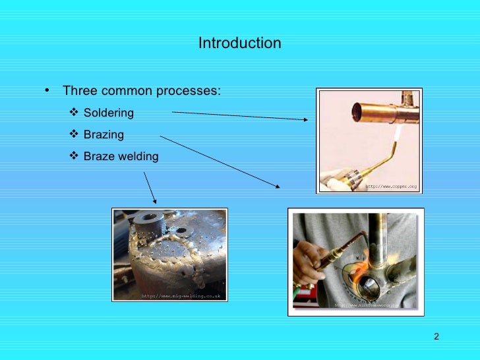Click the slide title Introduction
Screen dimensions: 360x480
pos(239,44)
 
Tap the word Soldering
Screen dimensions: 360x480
pos(108,113)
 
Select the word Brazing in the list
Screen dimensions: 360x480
pos(104,135)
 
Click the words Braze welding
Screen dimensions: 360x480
pos(121,157)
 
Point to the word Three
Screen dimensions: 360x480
pos(78,91)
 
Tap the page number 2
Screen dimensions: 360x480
pos(436,338)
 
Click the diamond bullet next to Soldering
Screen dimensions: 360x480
pos(74,113)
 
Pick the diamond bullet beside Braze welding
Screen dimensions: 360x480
pos(74,156)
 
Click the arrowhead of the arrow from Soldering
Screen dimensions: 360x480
pos(307,119)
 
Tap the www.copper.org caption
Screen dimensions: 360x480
pos(392,187)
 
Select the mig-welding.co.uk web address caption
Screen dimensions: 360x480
pos(181,296)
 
